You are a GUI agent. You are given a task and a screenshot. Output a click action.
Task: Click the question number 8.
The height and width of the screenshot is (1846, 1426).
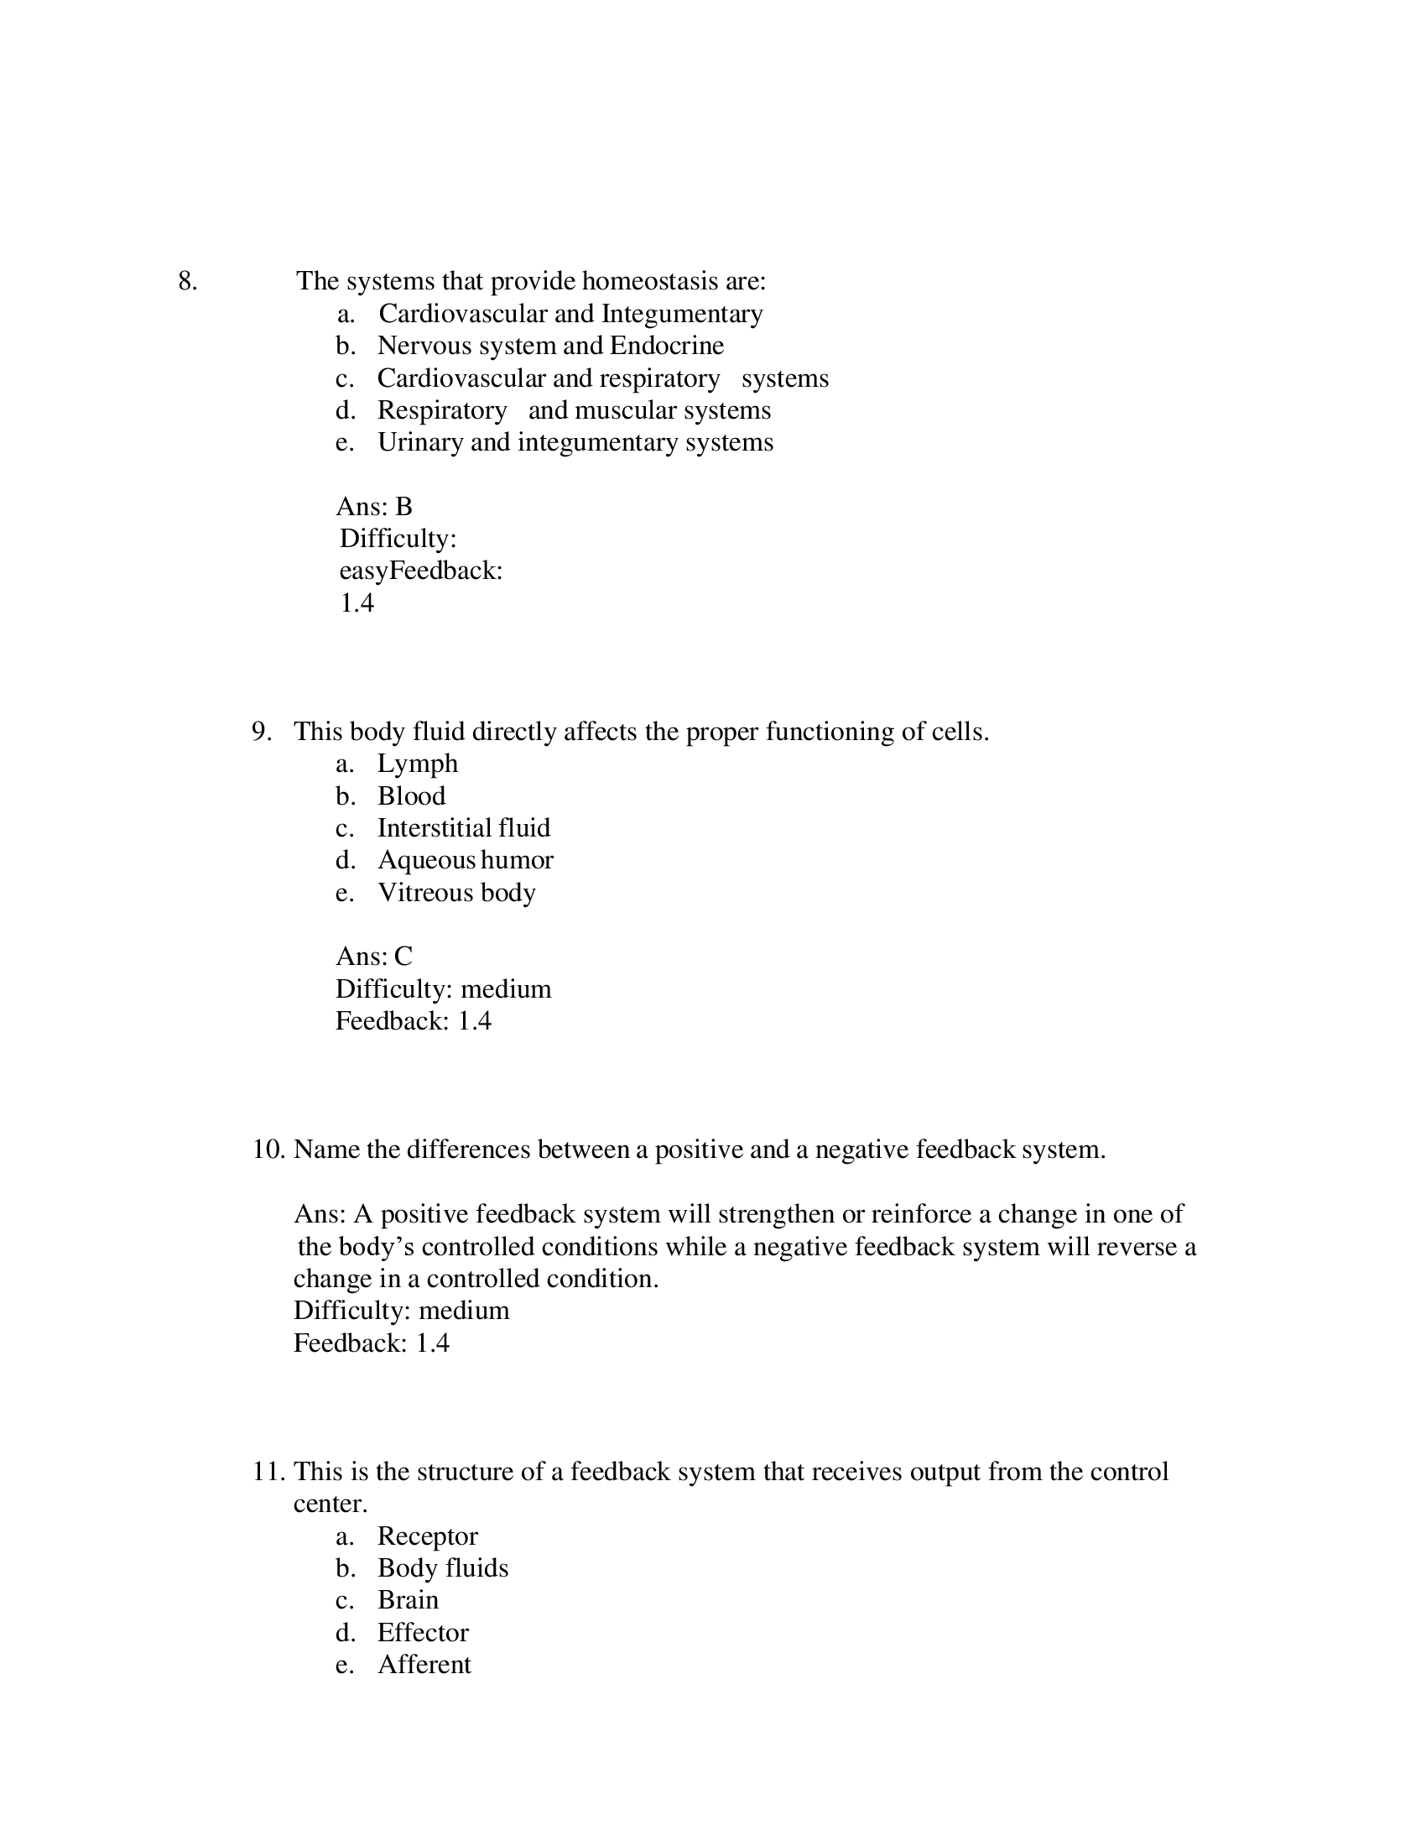click(188, 281)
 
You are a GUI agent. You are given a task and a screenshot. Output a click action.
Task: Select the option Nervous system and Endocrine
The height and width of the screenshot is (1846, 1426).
click(550, 346)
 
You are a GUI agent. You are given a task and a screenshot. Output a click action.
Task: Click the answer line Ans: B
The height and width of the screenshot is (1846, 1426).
click(374, 506)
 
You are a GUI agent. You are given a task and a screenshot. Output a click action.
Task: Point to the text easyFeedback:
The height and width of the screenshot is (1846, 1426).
click(421, 571)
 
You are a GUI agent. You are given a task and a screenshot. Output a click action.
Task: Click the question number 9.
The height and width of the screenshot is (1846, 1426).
click(261, 731)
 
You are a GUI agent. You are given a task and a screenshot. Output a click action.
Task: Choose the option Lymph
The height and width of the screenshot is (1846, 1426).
click(418, 764)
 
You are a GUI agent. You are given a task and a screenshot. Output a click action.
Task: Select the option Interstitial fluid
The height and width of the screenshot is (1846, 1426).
click(463, 827)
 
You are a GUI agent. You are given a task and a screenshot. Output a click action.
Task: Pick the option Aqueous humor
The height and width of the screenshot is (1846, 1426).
click(465, 859)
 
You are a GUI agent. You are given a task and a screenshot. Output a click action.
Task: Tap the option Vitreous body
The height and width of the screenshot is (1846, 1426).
click(456, 893)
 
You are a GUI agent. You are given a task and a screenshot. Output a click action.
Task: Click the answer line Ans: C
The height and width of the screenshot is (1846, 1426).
click(374, 956)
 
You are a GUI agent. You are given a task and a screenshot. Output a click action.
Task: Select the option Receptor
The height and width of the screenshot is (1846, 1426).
click(428, 1536)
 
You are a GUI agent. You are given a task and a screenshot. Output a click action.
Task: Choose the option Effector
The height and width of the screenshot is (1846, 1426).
click(423, 1632)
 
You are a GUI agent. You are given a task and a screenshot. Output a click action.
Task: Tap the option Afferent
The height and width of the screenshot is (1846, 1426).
click(424, 1664)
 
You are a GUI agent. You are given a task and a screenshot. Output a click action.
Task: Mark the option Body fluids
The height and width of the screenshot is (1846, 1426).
click(443, 1568)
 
